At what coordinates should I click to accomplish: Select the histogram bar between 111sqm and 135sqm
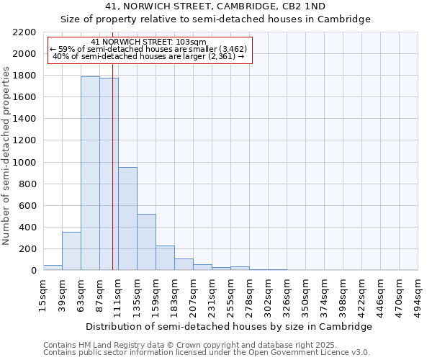(x=127, y=219)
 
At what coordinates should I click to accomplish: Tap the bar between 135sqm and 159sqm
(x=146, y=242)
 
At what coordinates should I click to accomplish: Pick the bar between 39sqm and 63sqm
(x=71, y=251)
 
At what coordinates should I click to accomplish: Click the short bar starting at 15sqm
(x=53, y=268)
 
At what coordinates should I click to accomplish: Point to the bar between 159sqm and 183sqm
(x=165, y=258)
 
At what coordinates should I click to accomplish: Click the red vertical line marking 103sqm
(x=112, y=180)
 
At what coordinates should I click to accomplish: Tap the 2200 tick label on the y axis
(x=24, y=32)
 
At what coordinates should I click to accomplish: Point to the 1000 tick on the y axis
(x=24, y=163)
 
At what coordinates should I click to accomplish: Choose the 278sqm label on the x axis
(x=250, y=294)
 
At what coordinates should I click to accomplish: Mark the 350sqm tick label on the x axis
(x=306, y=294)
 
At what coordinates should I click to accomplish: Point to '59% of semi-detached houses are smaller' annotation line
(x=148, y=49)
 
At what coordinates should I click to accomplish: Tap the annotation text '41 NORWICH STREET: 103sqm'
(x=148, y=42)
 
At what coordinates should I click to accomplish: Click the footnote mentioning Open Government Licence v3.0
(x=206, y=353)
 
